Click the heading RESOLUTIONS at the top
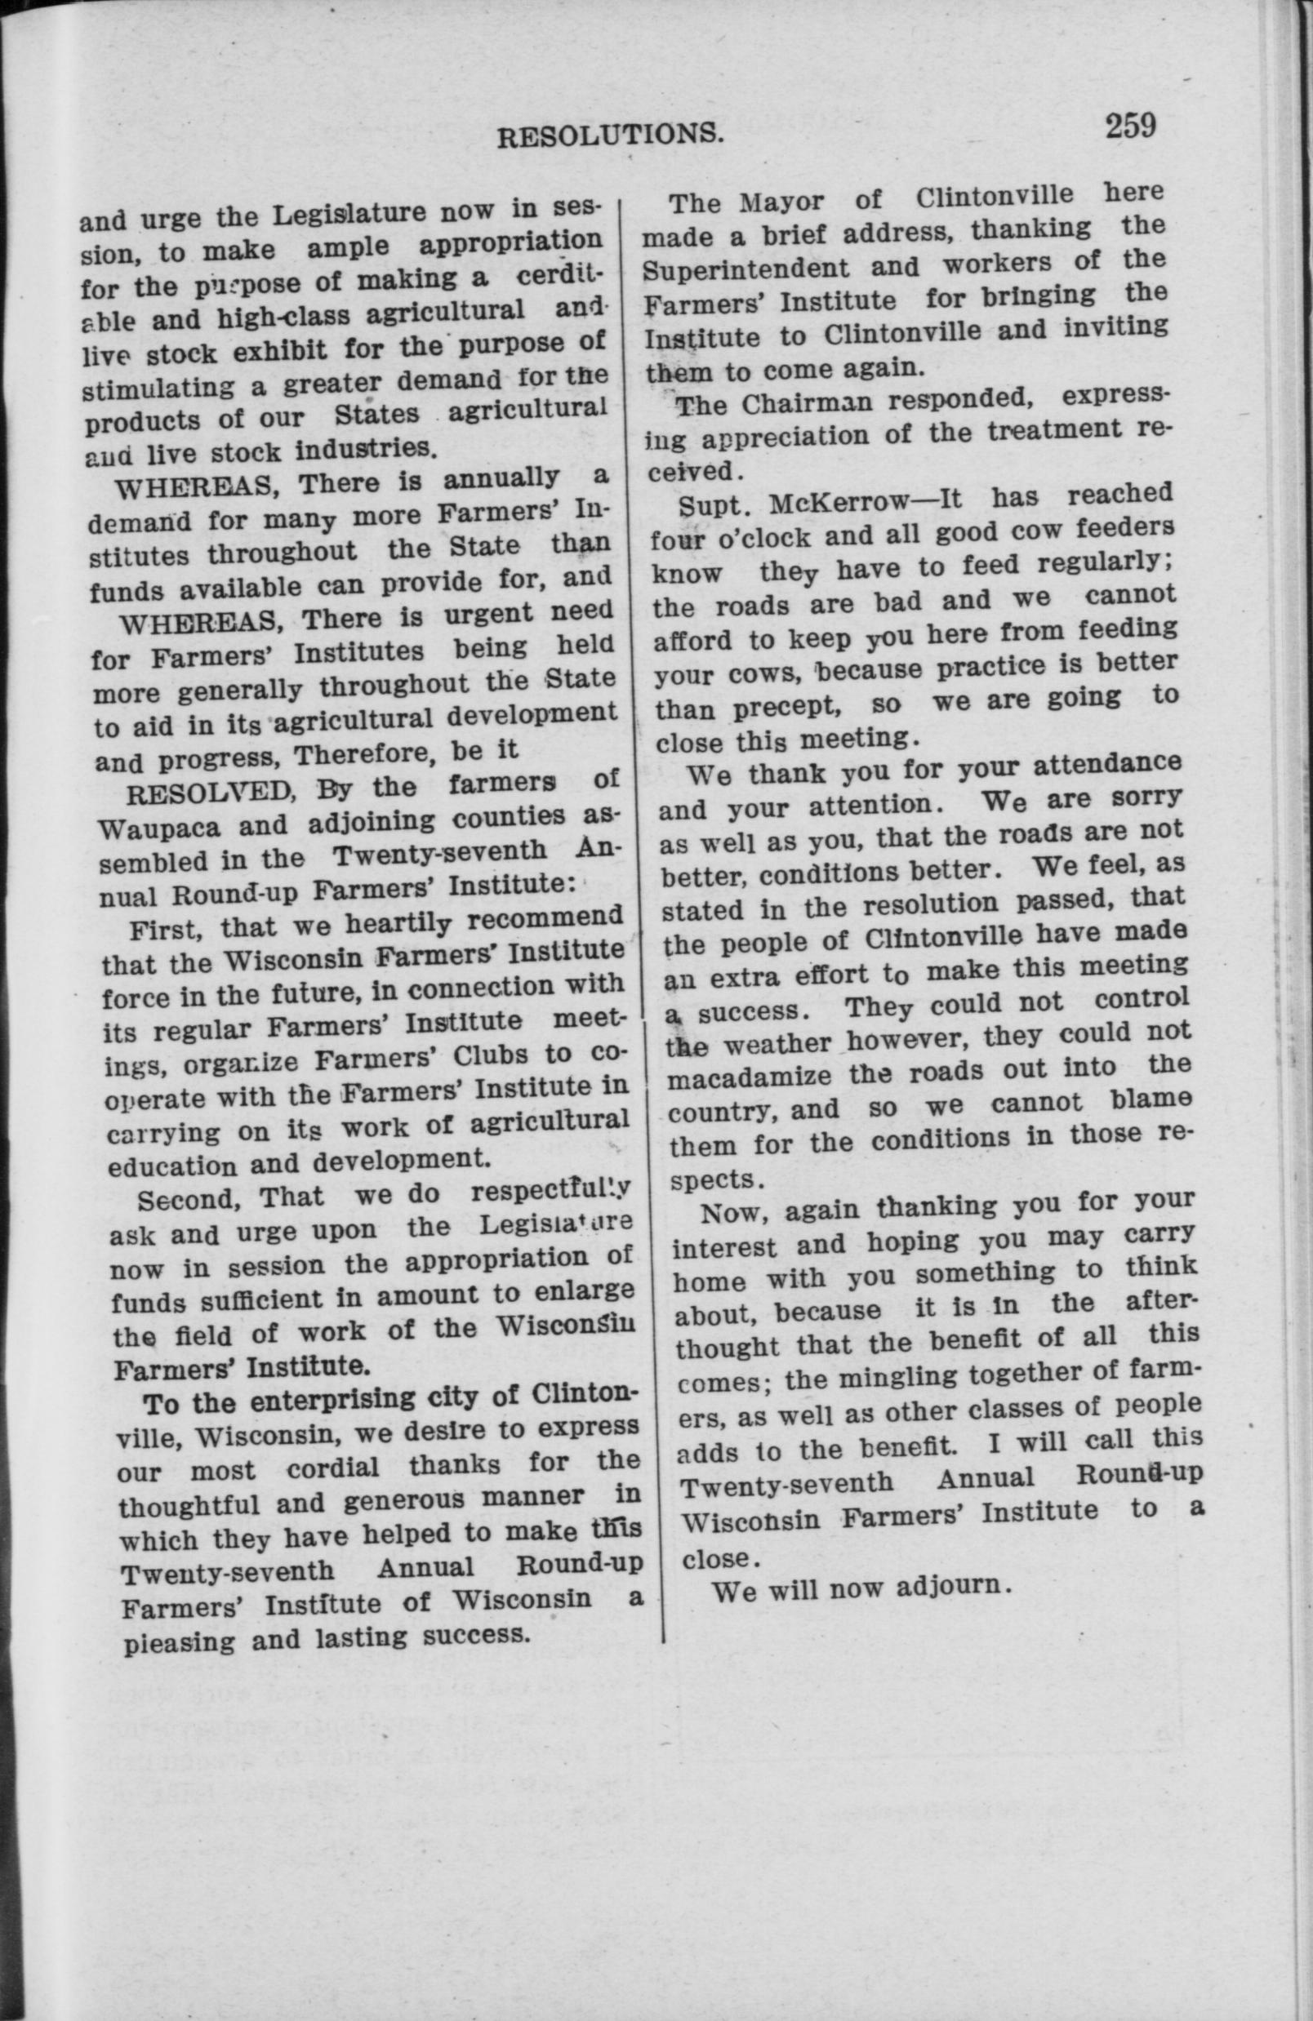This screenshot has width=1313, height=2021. click(x=610, y=135)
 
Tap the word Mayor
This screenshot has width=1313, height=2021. click(x=781, y=203)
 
